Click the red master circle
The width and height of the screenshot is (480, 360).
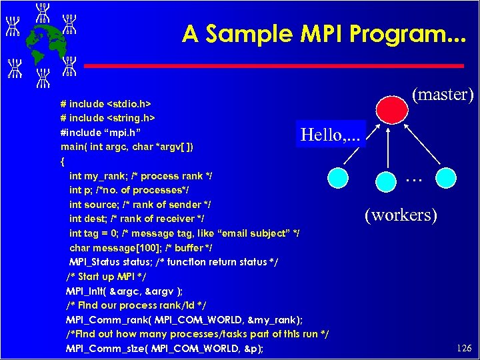click(391, 108)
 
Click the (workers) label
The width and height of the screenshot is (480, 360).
click(401, 215)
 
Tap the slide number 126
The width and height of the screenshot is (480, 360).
click(464, 348)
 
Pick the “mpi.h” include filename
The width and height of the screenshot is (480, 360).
click(121, 132)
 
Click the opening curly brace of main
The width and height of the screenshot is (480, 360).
click(63, 161)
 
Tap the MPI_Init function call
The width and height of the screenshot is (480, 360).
click(86, 291)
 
